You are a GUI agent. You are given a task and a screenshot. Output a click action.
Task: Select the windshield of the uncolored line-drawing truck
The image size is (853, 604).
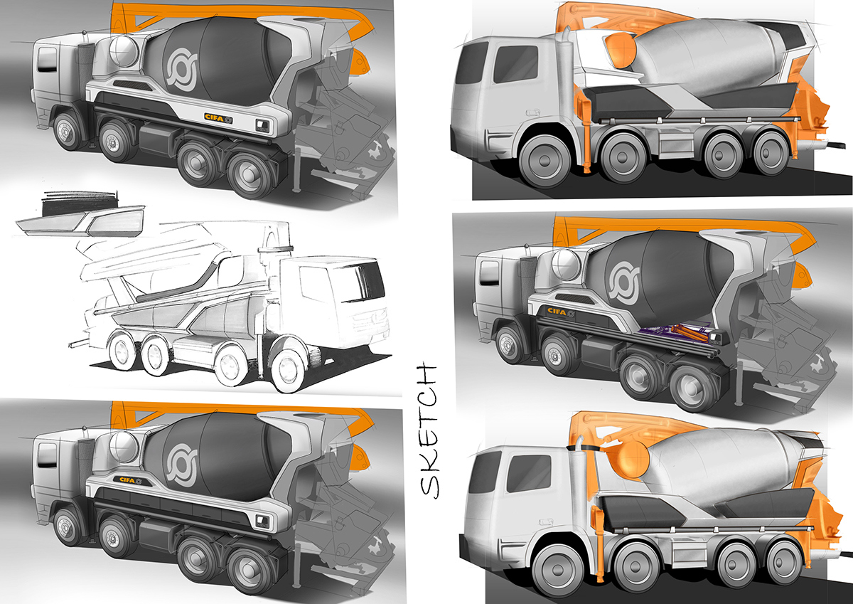(367, 282)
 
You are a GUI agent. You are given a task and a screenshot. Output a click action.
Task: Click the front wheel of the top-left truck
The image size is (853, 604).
(68, 132)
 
